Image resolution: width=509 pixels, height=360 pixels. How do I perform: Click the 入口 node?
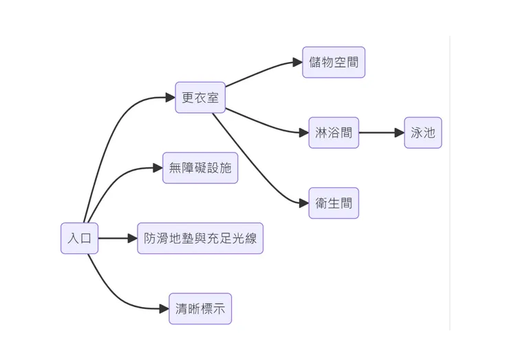click(x=79, y=239)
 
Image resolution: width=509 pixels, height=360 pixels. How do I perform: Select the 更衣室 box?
click(x=200, y=98)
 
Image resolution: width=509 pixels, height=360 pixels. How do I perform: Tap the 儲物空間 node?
click(x=334, y=63)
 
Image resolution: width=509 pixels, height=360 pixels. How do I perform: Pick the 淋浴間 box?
click(x=334, y=133)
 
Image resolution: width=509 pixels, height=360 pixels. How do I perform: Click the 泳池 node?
click(x=423, y=133)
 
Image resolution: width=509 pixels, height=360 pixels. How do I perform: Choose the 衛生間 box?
click(x=334, y=203)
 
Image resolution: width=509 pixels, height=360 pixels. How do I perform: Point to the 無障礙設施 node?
click(x=200, y=168)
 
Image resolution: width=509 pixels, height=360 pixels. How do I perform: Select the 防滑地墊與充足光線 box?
click(x=200, y=239)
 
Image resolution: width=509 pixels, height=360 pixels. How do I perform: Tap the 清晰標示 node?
click(x=200, y=309)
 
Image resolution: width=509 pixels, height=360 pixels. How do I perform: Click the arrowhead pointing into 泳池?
click(x=400, y=133)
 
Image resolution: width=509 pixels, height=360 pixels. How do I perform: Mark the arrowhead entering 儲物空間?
click(x=298, y=63)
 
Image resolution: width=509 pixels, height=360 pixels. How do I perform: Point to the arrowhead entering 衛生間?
click(x=304, y=203)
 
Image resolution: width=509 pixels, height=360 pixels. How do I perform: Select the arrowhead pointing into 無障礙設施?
click(x=158, y=168)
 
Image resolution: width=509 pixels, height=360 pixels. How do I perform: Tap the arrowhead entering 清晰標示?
click(x=164, y=309)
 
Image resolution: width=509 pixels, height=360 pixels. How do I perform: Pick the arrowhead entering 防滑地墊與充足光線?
click(x=133, y=239)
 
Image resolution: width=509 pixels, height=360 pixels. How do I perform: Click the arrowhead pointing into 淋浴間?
click(x=304, y=133)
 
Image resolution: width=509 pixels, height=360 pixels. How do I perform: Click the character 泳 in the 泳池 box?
click(x=417, y=133)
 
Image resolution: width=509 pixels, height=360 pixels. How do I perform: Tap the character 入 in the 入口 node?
click(x=74, y=239)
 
